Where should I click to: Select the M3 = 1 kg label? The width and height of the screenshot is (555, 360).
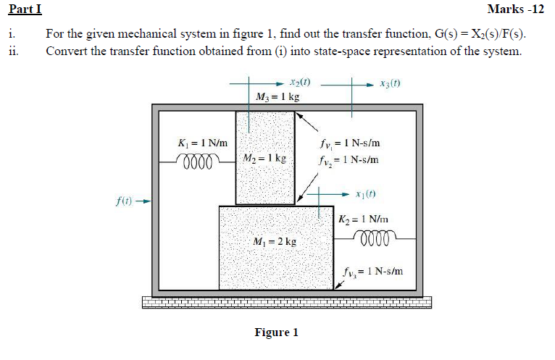pos(277,97)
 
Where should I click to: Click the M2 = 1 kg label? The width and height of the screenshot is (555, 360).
pos(264,157)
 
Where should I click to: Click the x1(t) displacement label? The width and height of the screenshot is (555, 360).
pos(367,193)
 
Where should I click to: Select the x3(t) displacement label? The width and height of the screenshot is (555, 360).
pos(390,83)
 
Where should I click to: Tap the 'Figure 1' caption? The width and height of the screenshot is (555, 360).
pos(276,332)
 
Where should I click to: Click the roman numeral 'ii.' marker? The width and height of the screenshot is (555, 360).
pos(12,51)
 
